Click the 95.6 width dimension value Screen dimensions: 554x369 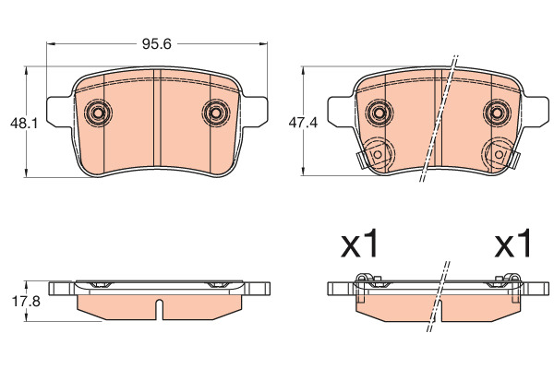157,44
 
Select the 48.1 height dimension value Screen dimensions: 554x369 24,124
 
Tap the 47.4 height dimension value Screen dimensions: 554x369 303,123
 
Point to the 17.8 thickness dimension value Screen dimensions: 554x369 26,302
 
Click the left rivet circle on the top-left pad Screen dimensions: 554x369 98,113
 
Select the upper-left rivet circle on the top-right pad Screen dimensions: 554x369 379,113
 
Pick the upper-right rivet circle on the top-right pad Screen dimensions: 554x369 497,113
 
